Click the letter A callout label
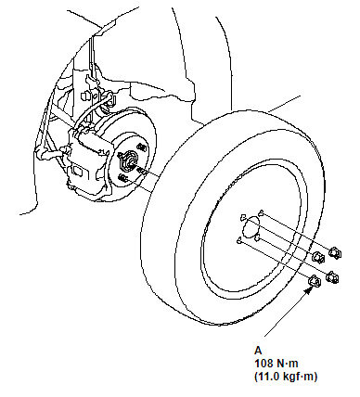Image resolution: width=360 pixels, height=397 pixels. tap(258, 351)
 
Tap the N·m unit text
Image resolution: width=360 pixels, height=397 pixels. tap(287, 363)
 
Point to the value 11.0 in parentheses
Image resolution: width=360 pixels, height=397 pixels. tap(266, 377)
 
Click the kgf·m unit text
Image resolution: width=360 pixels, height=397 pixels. tap(300, 377)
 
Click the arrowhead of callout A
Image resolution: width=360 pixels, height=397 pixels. tap(308, 290)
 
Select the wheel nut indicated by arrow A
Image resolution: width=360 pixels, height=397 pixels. tap(315, 280)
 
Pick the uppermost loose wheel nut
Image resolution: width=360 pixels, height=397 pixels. tap(334, 252)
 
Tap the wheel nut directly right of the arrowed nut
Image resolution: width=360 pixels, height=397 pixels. tap(332, 276)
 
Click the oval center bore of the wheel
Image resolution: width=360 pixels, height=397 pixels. tap(251, 227)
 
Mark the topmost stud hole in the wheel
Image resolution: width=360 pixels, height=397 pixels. tap(262, 212)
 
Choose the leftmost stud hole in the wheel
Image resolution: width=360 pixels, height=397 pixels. tap(238, 240)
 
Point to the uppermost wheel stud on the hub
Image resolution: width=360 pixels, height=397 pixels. tap(141, 147)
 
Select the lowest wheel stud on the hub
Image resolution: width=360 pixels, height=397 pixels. tap(122, 177)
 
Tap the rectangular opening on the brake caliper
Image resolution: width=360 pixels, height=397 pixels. tap(77, 170)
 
